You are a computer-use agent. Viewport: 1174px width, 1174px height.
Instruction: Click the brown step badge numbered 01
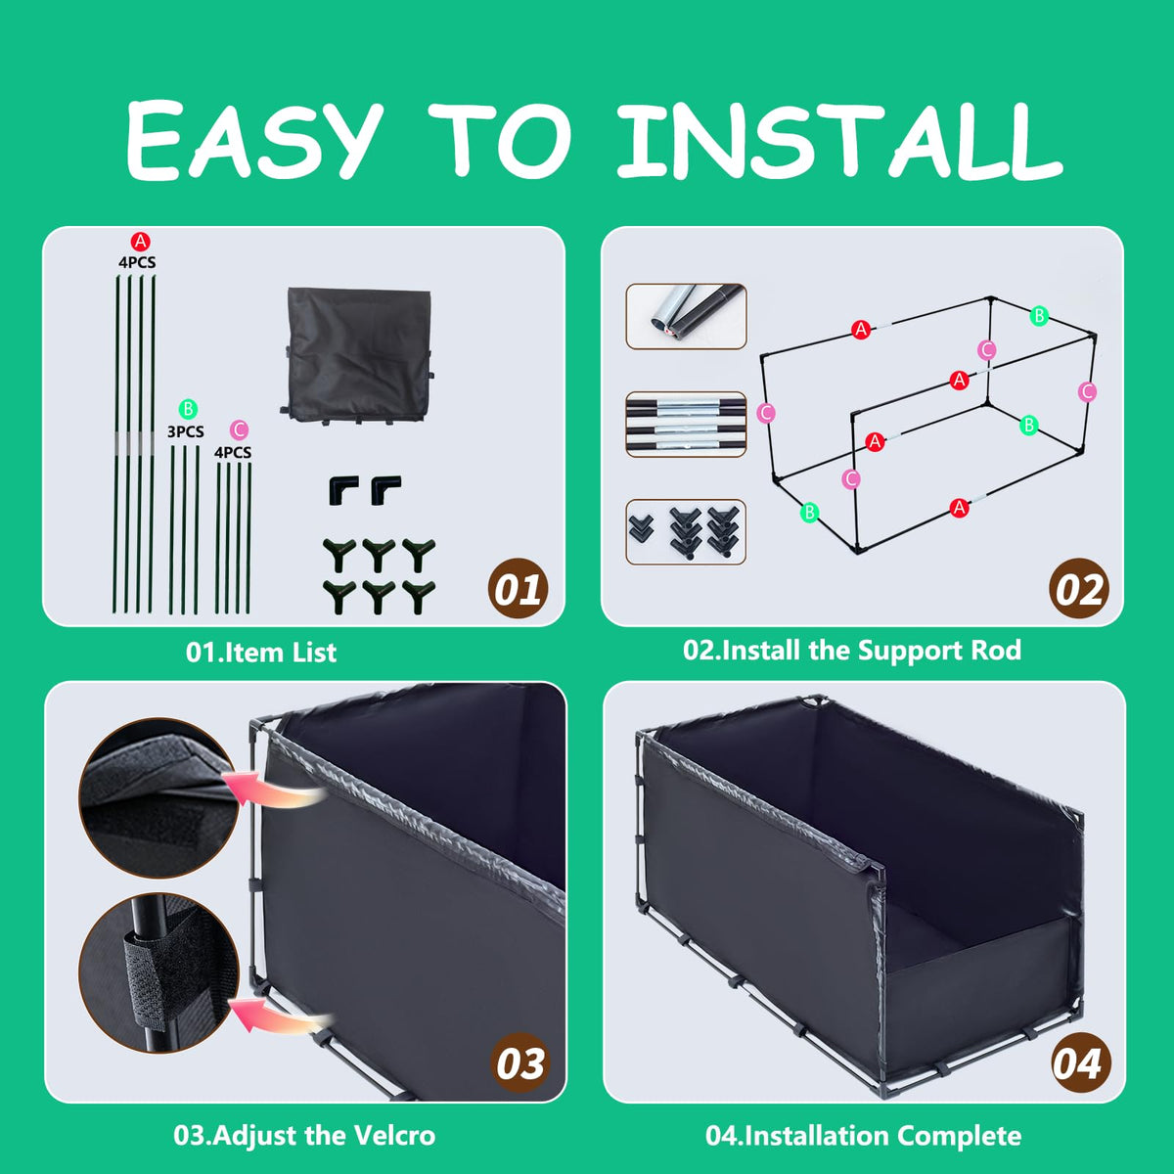click(518, 589)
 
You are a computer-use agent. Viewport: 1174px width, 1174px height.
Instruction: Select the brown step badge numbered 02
click(1078, 589)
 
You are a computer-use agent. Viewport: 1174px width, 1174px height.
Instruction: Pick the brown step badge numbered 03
click(519, 1063)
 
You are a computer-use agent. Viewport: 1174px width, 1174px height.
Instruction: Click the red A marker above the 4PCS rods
click(140, 242)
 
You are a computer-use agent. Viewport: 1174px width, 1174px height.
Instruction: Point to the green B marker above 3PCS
click(188, 409)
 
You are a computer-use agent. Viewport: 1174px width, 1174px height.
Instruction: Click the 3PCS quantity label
click(185, 431)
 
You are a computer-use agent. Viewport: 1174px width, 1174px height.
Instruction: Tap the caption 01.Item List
click(261, 653)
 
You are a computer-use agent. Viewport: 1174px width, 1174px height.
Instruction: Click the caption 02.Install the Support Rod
click(852, 651)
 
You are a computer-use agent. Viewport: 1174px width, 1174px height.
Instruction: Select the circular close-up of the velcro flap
click(158, 798)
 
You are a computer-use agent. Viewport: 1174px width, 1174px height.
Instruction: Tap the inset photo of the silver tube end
click(686, 316)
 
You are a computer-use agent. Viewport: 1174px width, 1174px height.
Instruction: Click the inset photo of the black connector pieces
click(686, 532)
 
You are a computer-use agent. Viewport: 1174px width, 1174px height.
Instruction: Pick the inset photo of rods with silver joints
click(686, 424)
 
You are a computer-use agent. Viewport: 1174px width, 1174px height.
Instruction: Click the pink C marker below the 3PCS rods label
click(239, 430)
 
